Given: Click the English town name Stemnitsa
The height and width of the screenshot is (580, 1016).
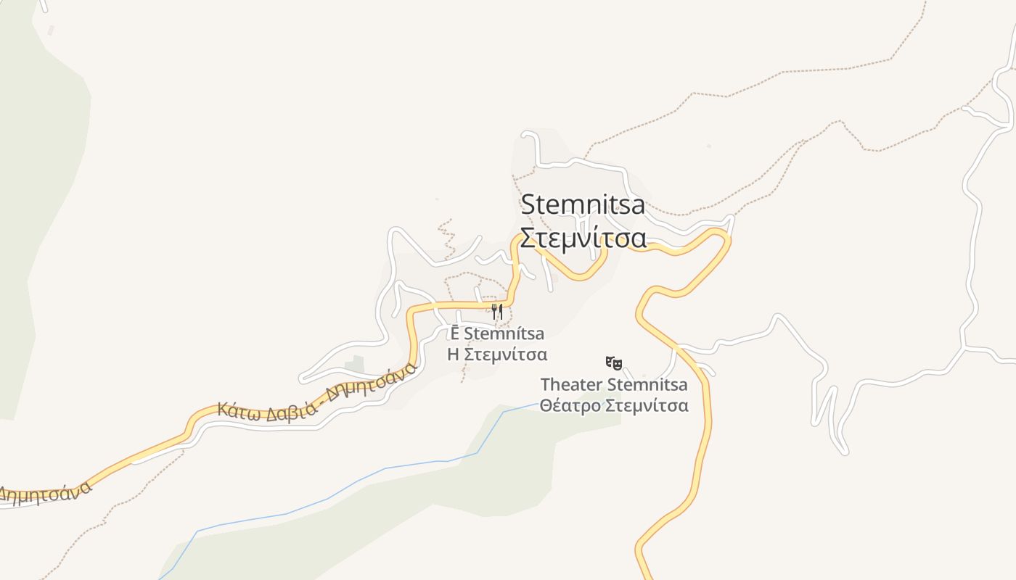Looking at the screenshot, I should click(x=583, y=204).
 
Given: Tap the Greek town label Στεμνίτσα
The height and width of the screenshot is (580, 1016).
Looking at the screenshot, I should click(x=583, y=238).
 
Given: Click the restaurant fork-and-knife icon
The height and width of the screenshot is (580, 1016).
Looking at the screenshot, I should click(x=497, y=312).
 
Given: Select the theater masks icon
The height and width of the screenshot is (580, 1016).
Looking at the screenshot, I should click(x=614, y=362).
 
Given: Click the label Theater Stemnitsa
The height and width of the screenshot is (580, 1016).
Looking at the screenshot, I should click(x=614, y=384).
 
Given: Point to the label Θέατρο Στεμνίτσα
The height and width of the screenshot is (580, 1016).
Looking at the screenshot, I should click(x=614, y=405).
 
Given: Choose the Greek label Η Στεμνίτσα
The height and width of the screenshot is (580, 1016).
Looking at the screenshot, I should click(x=497, y=355).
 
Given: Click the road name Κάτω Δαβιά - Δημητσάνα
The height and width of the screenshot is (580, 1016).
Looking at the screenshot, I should click(x=318, y=393).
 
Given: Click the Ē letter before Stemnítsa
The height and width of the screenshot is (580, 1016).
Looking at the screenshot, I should click(x=454, y=333).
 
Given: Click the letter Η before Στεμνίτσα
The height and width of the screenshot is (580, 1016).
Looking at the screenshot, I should click(x=453, y=355).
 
